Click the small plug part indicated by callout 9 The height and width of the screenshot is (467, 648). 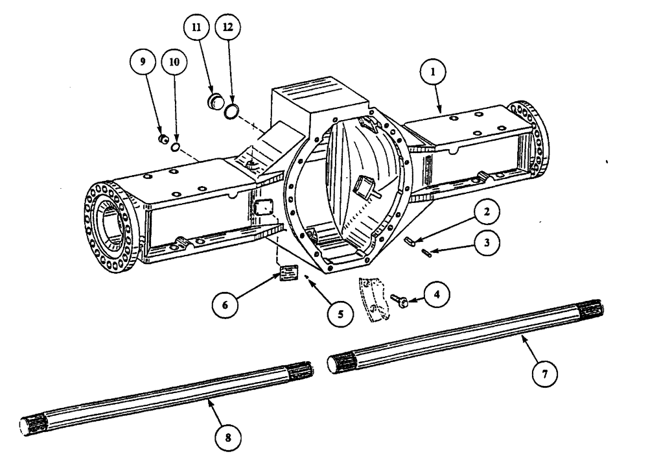tap(164, 138)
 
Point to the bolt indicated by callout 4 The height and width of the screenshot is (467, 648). tap(399, 298)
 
